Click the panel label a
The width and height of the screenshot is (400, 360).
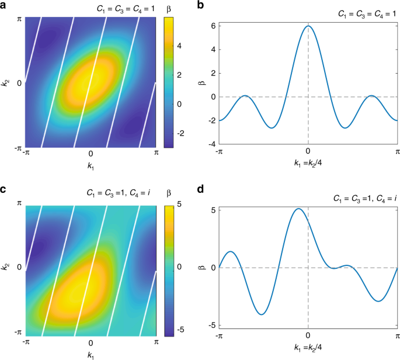(4, 6)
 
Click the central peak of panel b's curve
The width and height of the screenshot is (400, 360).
(308, 26)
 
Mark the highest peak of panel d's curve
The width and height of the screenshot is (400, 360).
(298, 209)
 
